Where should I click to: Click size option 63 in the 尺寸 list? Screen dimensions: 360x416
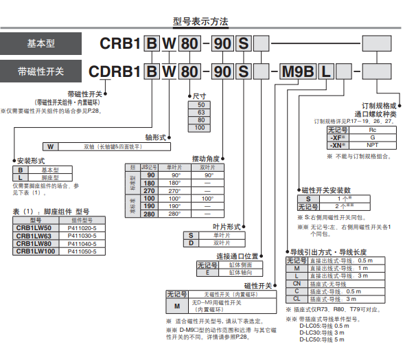click(x=200, y=111)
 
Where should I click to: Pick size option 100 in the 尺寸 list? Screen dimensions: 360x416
click(x=200, y=128)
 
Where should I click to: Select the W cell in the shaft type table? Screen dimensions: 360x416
click(x=50, y=146)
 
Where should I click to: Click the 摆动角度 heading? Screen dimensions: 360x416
click(x=207, y=158)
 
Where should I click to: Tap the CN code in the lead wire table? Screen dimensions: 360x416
click(x=297, y=283)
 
